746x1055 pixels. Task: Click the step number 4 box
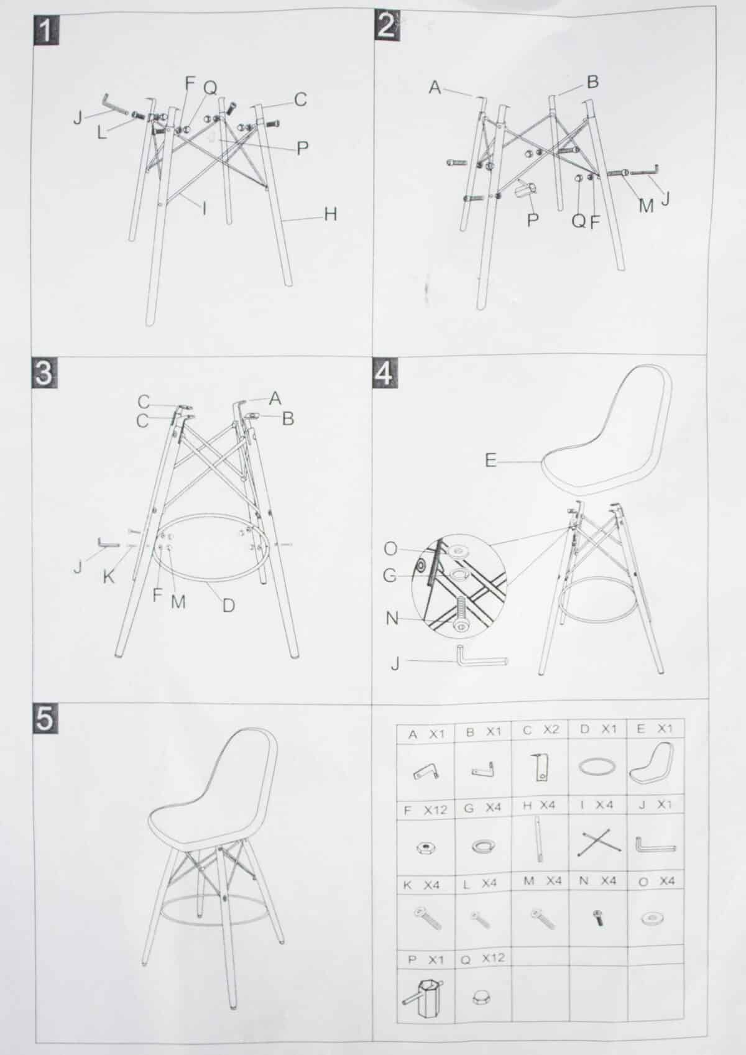click(386, 374)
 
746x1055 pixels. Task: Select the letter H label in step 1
click(330, 214)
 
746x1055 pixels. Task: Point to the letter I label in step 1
click(204, 208)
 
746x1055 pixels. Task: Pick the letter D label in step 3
click(228, 605)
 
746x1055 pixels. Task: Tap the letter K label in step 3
click(109, 577)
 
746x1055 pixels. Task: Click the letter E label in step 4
click(491, 461)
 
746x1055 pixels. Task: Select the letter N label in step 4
click(392, 619)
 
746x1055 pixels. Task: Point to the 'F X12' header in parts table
click(426, 810)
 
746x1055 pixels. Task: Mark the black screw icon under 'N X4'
click(599, 918)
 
